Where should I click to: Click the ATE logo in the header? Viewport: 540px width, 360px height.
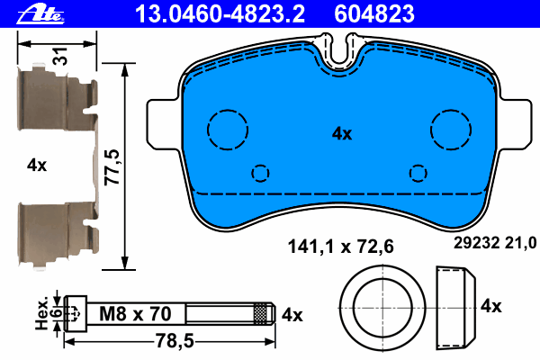pos(40,14)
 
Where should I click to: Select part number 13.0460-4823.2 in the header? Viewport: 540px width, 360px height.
pos(220,13)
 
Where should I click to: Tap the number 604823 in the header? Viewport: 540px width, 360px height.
pos(374,13)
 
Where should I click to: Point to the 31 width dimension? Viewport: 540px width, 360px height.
pos(61,56)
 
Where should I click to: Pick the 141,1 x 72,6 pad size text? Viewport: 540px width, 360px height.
pos(340,247)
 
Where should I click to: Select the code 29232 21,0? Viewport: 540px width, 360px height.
pos(495,243)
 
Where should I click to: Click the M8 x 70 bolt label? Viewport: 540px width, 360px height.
pos(135,314)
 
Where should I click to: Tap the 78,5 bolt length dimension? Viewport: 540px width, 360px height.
pos(175,341)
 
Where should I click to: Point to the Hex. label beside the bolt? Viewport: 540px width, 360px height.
pos(42,313)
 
